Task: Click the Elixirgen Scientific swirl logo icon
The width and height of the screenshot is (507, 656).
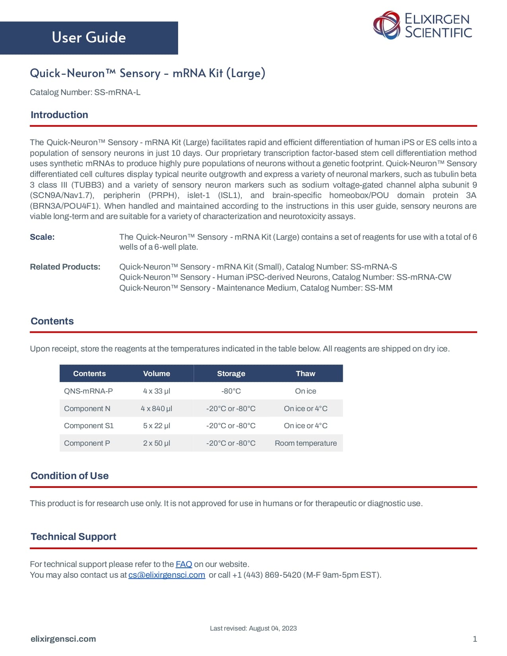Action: [386, 25]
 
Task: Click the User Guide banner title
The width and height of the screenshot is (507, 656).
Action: [89, 37]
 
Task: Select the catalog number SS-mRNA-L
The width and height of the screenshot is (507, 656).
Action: [117, 92]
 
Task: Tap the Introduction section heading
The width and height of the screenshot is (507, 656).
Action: [59, 115]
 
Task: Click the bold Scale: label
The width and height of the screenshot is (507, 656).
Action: [42, 237]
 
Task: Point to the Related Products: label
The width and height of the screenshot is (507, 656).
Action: [65, 267]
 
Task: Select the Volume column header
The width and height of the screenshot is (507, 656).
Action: [156, 373]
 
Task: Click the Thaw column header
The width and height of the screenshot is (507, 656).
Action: [305, 373]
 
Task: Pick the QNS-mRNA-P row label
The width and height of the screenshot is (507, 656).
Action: [88, 391]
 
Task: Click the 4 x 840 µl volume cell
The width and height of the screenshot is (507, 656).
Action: [156, 408]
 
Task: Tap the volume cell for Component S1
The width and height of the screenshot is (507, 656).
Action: [156, 425]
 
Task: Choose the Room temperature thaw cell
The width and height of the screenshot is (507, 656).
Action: [305, 443]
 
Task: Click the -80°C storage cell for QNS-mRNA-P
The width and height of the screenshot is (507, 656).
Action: [231, 391]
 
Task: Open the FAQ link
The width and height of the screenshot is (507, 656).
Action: [184, 564]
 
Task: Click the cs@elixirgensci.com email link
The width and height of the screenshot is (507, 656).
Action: [167, 575]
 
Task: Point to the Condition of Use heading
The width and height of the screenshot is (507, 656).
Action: [70, 476]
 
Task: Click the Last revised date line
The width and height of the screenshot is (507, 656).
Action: [253, 628]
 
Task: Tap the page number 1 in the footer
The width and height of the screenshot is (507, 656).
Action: [474, 639]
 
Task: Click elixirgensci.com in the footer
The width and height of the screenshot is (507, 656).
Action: [63, 639]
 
